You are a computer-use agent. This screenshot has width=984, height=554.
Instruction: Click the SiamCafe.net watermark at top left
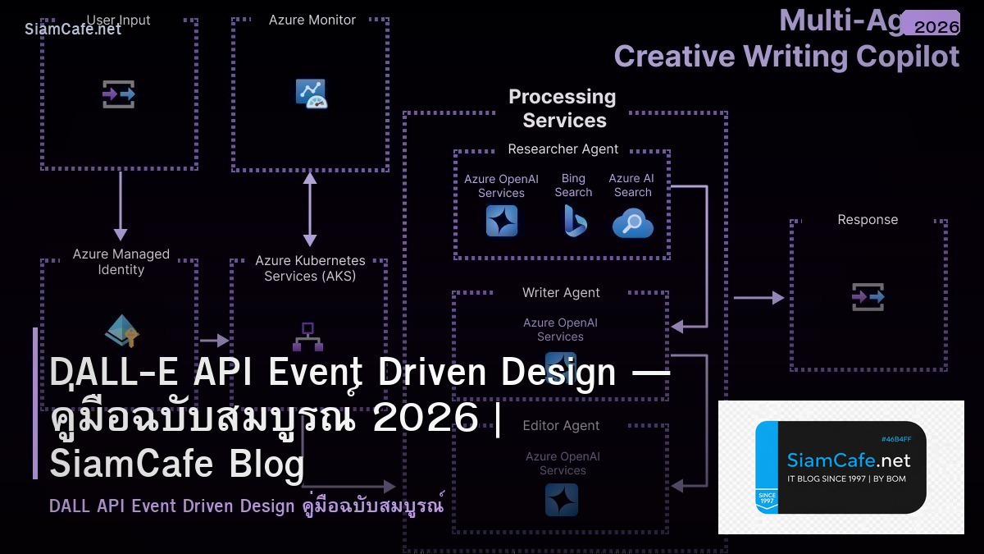point(73,29)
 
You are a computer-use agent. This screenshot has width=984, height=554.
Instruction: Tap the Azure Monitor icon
point(312,94)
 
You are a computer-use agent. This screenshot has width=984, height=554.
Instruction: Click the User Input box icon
point(119,94)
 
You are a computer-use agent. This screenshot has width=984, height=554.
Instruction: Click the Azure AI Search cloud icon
point(632,222)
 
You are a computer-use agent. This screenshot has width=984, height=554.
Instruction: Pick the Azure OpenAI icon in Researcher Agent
point(501,221)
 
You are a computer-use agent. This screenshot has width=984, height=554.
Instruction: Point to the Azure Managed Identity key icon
point(122,330)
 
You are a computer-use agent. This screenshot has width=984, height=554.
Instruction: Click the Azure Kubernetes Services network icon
point(307,337)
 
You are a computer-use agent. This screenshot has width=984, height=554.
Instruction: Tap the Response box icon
point(868,297)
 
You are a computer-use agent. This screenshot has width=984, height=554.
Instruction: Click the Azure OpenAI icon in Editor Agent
point(562,500)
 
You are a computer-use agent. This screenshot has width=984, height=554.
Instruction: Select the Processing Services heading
point(563,108)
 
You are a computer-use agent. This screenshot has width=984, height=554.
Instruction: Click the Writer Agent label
point(561,293)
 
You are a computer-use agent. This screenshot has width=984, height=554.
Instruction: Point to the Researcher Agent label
point(563,149)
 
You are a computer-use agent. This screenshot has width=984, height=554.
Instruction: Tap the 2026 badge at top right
point(936,26)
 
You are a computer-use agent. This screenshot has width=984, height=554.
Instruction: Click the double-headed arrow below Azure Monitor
point(309,208)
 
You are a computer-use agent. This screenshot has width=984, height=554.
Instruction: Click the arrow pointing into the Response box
point(758,297)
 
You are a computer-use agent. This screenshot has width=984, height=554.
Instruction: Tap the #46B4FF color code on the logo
point(895,439)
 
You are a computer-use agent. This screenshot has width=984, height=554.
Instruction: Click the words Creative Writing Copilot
point(786,57)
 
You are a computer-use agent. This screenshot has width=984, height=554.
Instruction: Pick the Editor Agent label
point(561,426)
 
